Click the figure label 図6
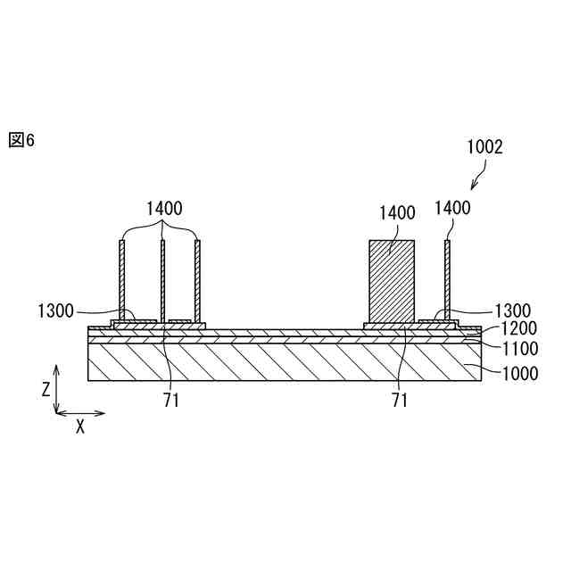[x=21, y=140]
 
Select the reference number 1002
[x=484, y=148]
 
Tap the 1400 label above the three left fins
[x=164, y=209]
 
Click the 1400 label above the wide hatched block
[x=397, y=212]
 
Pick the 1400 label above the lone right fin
[x=452, y=209]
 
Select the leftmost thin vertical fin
[x=122, y=280]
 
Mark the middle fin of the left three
[x=162, y=280]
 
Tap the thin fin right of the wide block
[x=447, y=280]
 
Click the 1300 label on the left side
[x=54, y=311]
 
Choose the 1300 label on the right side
[x=512, y=310]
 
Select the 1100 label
[x=517, y=350]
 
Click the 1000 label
[x=517, y=373]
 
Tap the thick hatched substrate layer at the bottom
[x=268, y=362]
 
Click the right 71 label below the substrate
[x=399, y=401]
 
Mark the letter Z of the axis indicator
[x=46, y=388]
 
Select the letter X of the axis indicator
[x=79, y=426]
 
